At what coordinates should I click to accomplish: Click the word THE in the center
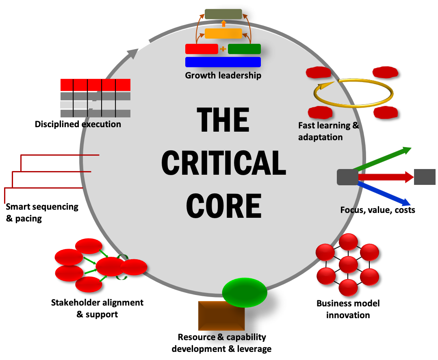(223, 120)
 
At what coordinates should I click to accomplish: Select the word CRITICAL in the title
(223, 163)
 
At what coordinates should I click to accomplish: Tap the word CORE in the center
(223, 206)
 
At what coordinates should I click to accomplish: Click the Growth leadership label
(223, 76)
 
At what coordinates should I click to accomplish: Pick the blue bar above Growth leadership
(223, 62)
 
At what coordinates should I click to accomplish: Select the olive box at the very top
(223, 14)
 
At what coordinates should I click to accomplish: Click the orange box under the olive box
(223, 33)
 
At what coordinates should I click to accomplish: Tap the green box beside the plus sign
(244, 49)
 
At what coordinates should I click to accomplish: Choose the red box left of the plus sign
(202, 49)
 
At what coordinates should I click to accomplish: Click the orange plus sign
(223, 49)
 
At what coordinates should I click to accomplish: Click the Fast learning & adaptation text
(328, 131)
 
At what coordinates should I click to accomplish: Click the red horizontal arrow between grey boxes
(386, 177)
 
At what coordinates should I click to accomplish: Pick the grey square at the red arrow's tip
(425, 177)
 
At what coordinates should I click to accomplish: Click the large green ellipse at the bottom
(245, 293)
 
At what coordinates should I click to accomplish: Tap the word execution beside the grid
(102, 124)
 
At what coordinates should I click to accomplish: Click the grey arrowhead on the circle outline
(133, 53)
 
